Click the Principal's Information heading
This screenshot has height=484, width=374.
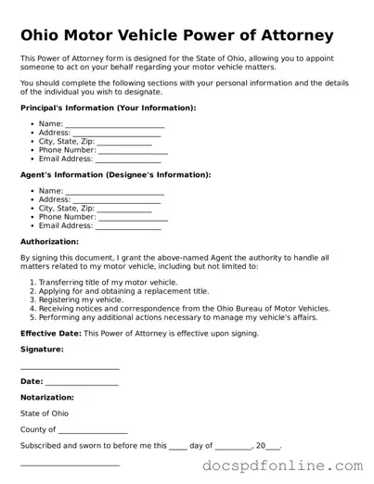[x=108, y=108]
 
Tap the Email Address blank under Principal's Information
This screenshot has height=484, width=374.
[x=128, y=159]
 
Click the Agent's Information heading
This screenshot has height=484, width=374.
[x=115, y=174]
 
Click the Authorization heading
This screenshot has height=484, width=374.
[x=49, y=241]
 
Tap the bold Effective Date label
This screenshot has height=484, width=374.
[x=51, y=333]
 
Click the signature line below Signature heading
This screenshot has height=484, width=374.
[x=70, y=367]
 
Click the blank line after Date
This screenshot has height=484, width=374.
[x=82, y=382]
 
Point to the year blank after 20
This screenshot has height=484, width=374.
[x=273, y=447]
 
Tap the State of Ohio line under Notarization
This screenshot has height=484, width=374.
[x=44, y=414]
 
